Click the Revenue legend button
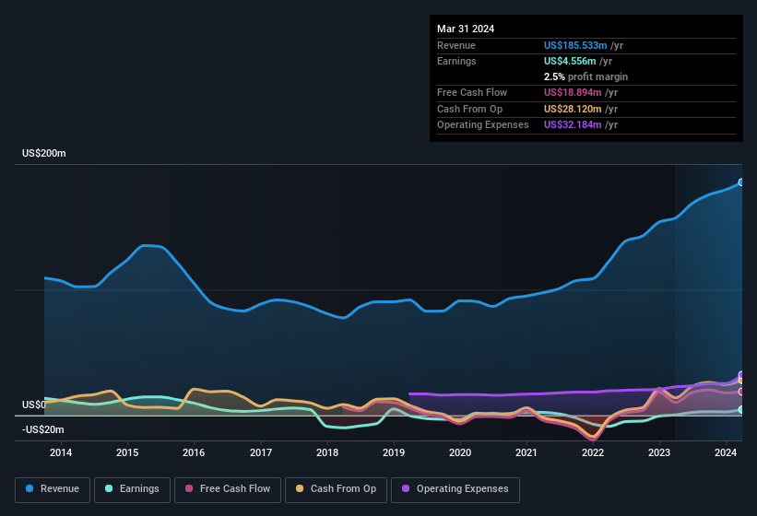53,489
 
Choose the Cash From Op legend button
336,489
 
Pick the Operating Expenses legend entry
455,489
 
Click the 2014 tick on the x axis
61,452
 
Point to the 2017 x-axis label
261,452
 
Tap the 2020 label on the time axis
460,452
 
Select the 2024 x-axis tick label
726,452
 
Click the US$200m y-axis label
44,153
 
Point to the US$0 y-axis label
34,405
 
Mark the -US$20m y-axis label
42,429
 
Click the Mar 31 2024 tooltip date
466,29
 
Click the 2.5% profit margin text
585,76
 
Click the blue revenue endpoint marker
741,182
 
